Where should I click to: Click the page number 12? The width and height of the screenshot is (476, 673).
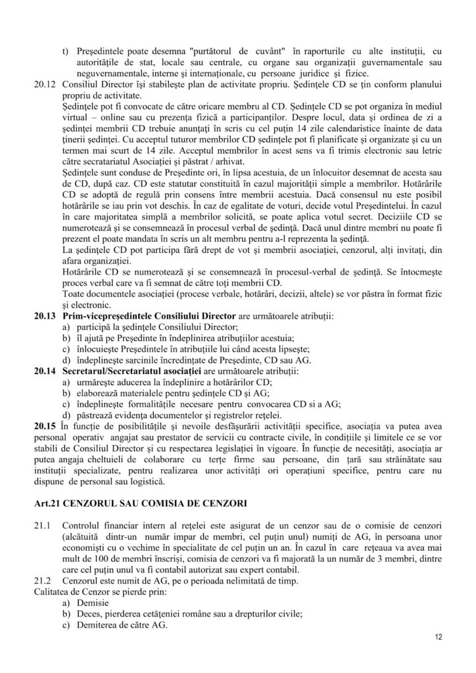pos(439,638)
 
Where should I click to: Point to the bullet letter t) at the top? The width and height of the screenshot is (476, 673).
pos(65,50)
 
